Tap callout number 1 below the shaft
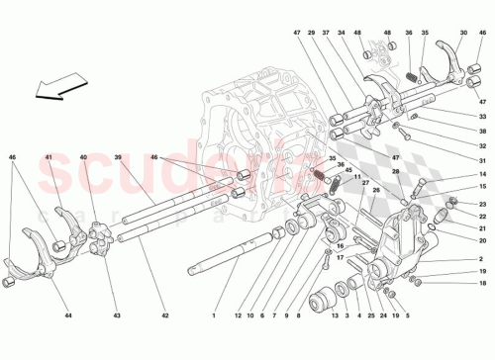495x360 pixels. (x=212, y=315)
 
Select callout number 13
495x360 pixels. (x=334, y=315)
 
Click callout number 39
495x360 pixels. (x=117, y=157)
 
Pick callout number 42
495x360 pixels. (x=164, y=315)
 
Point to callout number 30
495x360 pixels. (x=461, y=34)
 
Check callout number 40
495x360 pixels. (x=83, y=157)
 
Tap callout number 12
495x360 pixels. (x=238, y=315)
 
